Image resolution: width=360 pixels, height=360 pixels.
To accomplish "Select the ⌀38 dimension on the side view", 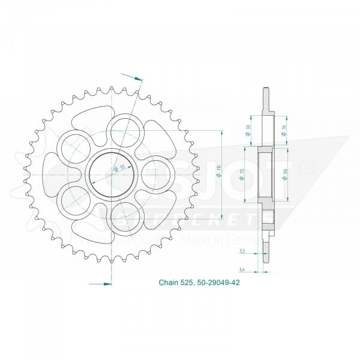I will tap(248, 130).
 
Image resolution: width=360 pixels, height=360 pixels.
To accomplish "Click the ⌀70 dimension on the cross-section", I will tap(248, 175).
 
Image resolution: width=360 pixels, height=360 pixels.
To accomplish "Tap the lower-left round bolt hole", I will tap(76, 196).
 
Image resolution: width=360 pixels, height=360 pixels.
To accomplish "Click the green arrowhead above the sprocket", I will tap(139, 78).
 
